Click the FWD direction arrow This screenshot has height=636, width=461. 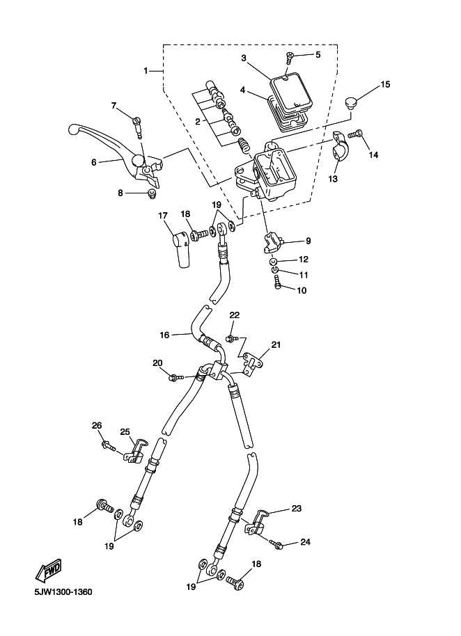tap(48, 571)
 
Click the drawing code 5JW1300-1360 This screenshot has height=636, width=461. tap(63, 592)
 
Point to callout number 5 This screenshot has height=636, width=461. tap(318, 54)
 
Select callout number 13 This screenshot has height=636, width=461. tap(333, 178)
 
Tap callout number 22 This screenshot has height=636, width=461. tap(235, 315)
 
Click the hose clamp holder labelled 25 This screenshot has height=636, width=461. tap(134, 450)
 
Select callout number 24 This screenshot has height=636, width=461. tap(305, 542)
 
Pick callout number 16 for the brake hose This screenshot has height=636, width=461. tap(164, 335)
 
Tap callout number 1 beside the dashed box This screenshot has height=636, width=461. tap(146, 71)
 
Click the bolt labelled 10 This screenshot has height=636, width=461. tap(278, 282)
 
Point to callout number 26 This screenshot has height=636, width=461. tap(97, 425)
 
